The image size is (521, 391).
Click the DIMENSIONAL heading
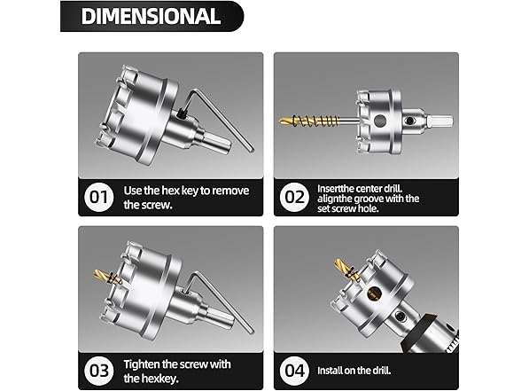[151, 16]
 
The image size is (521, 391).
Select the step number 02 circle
[294, 196]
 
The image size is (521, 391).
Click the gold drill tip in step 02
[289, 120]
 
